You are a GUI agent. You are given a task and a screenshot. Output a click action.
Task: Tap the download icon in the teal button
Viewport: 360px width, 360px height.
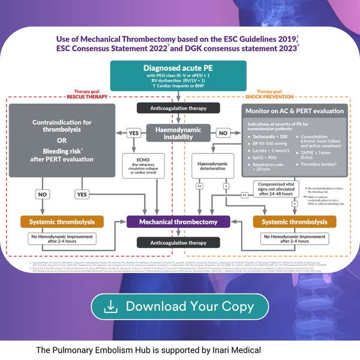(x=111, y=306)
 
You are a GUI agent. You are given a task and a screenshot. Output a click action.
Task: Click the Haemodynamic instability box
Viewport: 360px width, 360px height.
(x=178, y=133)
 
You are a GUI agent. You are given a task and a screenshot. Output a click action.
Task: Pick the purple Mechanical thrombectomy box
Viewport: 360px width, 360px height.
(x=178, y=222)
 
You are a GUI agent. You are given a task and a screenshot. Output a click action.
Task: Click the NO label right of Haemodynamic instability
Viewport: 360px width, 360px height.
(x=223, y=133)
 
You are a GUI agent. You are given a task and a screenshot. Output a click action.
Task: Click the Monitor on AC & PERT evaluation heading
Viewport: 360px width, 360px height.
(x=295, y=111)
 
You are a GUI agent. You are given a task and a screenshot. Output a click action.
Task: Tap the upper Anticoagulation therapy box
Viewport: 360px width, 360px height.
(x=178, y=108)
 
